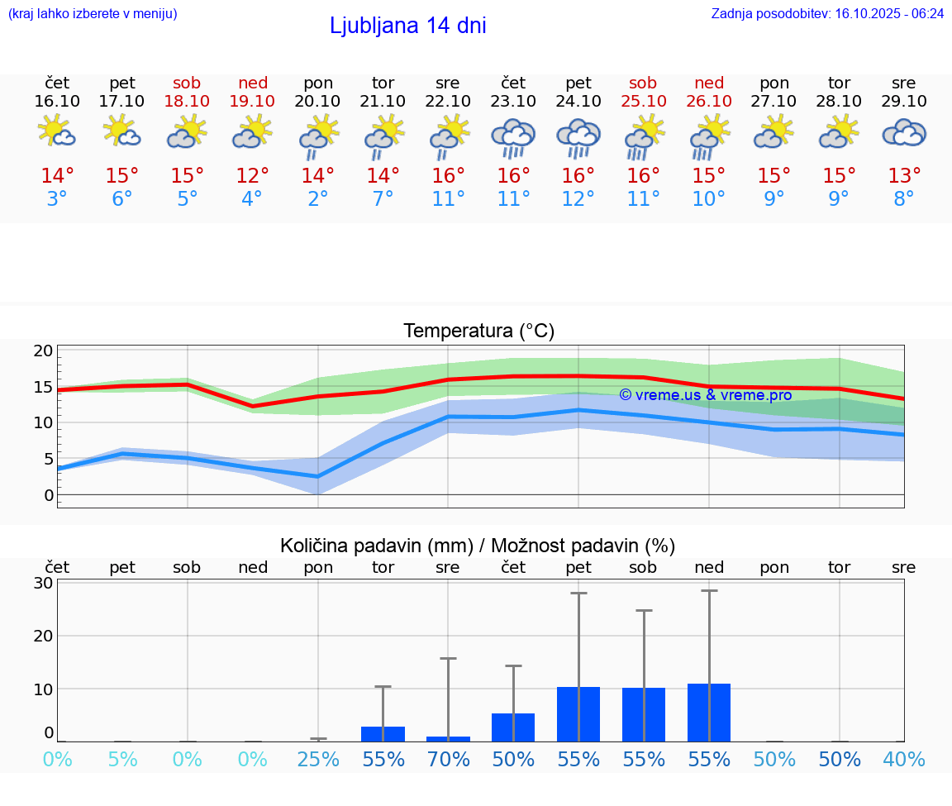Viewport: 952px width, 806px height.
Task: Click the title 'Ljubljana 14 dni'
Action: pyautogui.click(x=407, y=26)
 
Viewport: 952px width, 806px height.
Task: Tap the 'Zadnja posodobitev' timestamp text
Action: pyautogui.click(x=827, y=13)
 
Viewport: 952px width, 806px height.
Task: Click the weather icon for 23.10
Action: pyautogui.click(x=513, y=137)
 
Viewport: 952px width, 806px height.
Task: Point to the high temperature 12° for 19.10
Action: pyautogui.click(x=252, y=176)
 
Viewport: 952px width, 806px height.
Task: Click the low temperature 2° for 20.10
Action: pyautogui.click(x=317, y=199)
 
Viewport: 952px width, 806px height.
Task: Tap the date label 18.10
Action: pyautogui.click(x=187, y=101)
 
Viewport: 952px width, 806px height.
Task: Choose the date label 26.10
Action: pyautogui.click(x=708, y=101)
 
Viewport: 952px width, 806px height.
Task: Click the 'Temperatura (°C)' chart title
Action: pyautogui.click(x=478, y=331)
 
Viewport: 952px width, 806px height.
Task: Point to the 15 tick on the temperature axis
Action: pyautogui.click(x=43, y=387)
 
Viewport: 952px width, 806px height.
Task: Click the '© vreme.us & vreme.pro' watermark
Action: pyautogui.click(x=705, y=395)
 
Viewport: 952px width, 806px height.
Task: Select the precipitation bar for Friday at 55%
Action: pyautogui.click(x=578, y=714)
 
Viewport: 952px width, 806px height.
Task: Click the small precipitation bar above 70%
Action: pyautogui.click(x=448, y=738)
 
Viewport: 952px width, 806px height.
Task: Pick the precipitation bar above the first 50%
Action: pyautogui.click(x=513, y=727)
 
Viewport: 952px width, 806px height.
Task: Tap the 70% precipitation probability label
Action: pyautogui.click(x=448, y=760)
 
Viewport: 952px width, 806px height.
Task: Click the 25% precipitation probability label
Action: pyautogui.click(x=317, y=760)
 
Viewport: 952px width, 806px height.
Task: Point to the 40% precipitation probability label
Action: pyautogui.click(x=904, y=760)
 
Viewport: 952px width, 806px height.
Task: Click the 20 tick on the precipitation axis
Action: pyautogui.click(x=43, y=636)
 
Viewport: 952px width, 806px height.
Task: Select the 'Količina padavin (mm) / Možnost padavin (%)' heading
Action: pyautogui.click(x=478, y=546)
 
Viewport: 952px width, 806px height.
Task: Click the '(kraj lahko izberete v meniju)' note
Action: pyautogui.click(x=93, y=13)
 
